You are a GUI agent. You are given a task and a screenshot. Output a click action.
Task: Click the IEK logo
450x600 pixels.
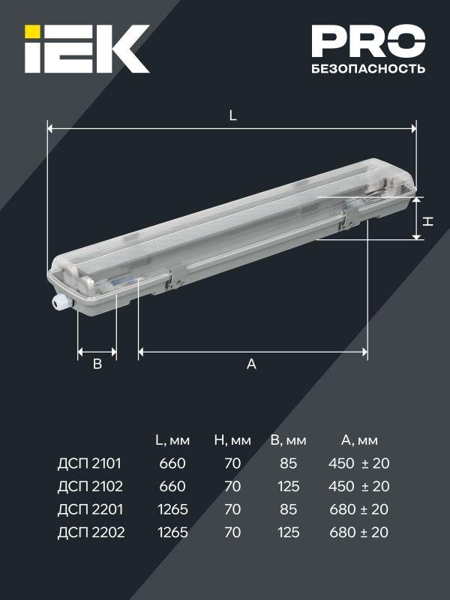click(87, 49)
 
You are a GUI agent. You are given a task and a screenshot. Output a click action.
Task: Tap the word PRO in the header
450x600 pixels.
click(368, 42)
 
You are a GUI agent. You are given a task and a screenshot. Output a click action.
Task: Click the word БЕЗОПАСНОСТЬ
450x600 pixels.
click(368, 69)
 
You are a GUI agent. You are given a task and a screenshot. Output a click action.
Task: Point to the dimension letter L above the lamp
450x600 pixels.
click(233, 116)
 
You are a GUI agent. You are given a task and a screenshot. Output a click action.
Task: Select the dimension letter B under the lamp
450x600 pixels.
click(97, 364)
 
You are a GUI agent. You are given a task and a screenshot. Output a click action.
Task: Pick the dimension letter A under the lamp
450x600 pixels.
click(252, 364)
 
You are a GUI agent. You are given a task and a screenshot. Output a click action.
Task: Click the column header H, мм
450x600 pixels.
click(232, 439)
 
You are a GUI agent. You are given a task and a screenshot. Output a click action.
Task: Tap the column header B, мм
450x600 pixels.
click(289, 439)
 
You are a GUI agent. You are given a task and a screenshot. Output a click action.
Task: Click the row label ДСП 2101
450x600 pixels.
click(89, 463)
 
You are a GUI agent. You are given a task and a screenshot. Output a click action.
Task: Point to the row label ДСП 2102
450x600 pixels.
click(89, 487)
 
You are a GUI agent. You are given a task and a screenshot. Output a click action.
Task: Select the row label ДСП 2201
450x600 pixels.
click(89, 510)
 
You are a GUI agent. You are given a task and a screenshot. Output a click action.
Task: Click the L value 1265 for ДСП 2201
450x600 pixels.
click(172, 510)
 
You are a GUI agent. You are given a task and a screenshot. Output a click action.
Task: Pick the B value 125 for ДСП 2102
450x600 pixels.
click(288, 487)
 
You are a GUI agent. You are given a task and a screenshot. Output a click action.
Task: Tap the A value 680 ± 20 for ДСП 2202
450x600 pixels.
click(358, 533)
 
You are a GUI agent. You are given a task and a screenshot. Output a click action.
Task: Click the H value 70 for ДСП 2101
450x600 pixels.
click(232, 463)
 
